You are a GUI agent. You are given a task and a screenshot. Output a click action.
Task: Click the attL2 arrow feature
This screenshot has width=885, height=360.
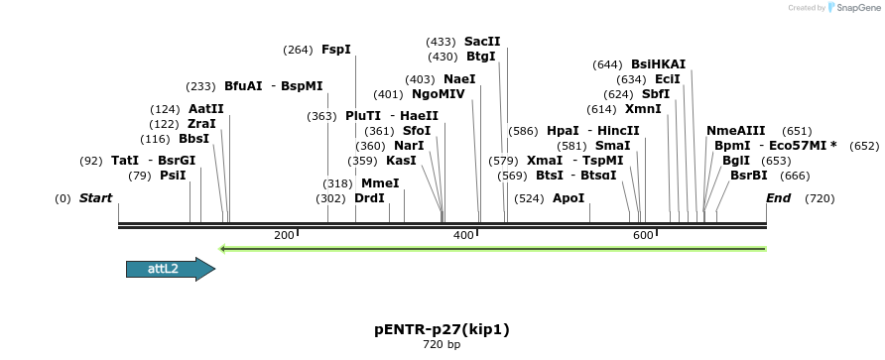click(170, 269)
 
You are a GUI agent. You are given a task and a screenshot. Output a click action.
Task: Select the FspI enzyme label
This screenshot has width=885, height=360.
click(335, 50)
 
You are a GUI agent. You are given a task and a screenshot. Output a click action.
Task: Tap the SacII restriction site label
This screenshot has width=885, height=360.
click(482, 42)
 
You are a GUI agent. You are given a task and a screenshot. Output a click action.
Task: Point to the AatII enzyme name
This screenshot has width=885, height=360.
click(206, 109)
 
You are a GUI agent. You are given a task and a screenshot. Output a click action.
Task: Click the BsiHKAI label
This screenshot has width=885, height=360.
click(658, 64)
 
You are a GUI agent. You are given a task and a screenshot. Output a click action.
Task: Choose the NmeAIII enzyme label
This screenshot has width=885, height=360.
click(735, 131)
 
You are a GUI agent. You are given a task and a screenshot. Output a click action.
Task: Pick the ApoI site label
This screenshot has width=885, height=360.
click(569, 198)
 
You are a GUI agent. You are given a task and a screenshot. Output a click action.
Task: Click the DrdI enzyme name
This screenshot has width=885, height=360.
click(369, 198)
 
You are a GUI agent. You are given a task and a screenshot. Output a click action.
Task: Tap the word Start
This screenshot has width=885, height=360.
click(95, 198)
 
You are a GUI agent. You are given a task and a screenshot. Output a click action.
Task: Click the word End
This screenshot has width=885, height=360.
click(779, 198)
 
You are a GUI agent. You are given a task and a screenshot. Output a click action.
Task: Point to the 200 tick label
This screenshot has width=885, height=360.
click(284, 235)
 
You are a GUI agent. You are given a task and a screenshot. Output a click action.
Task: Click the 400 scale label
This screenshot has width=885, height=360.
click(463, 235)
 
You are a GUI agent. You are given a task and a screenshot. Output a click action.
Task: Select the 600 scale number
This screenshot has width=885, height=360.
click(643, 235)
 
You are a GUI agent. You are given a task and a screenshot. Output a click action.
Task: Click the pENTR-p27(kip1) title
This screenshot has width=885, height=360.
click(442, 328)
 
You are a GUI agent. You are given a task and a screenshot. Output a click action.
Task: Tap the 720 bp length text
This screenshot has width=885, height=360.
click(442, 345)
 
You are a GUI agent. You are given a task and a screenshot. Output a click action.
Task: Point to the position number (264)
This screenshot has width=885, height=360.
click(298, 50)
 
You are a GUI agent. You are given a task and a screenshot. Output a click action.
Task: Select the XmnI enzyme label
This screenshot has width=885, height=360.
click(643, 109)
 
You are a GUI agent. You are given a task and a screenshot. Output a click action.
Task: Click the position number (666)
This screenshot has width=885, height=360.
click(796, 176)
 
